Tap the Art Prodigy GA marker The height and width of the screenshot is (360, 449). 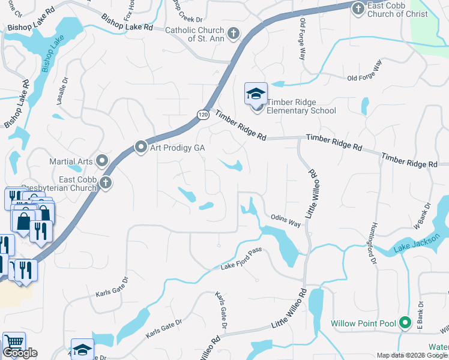click(x=142, y=146)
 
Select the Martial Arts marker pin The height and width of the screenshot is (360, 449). click(x=102, y=161)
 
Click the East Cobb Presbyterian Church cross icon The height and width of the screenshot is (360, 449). click(x=106, y=183)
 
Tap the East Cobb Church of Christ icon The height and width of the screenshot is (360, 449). click(x=358, y=8)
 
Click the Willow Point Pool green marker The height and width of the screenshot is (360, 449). click(x=405, y=323)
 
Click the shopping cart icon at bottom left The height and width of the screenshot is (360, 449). click(x=14, y=341)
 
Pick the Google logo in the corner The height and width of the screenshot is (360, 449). click(x=20, y=353)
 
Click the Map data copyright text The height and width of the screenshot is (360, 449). click(x=412, y=355)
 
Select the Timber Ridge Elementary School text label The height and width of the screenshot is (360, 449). click(x=301, y=106)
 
